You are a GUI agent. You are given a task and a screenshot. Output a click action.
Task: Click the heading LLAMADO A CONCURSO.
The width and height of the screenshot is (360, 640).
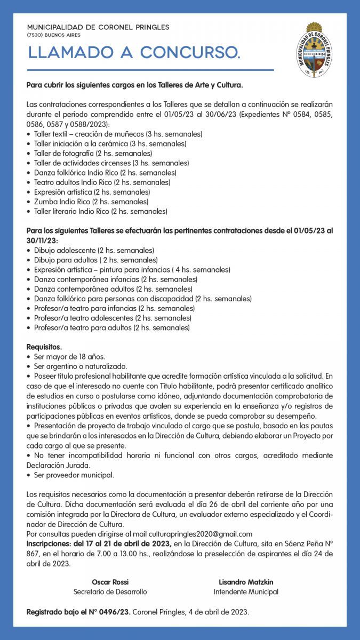(134, 53)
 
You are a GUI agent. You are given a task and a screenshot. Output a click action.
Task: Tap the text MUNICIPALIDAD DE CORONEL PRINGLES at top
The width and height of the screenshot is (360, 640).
(98, 27)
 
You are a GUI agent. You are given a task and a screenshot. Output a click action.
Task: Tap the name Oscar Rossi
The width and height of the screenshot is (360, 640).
(110, 582)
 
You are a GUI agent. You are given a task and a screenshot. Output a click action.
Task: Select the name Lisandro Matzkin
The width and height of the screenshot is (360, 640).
(245, 582)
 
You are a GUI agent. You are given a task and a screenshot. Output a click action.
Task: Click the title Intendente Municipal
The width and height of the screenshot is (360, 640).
(245, 591)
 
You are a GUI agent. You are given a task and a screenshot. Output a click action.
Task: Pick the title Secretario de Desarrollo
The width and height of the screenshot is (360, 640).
(110, 591)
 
